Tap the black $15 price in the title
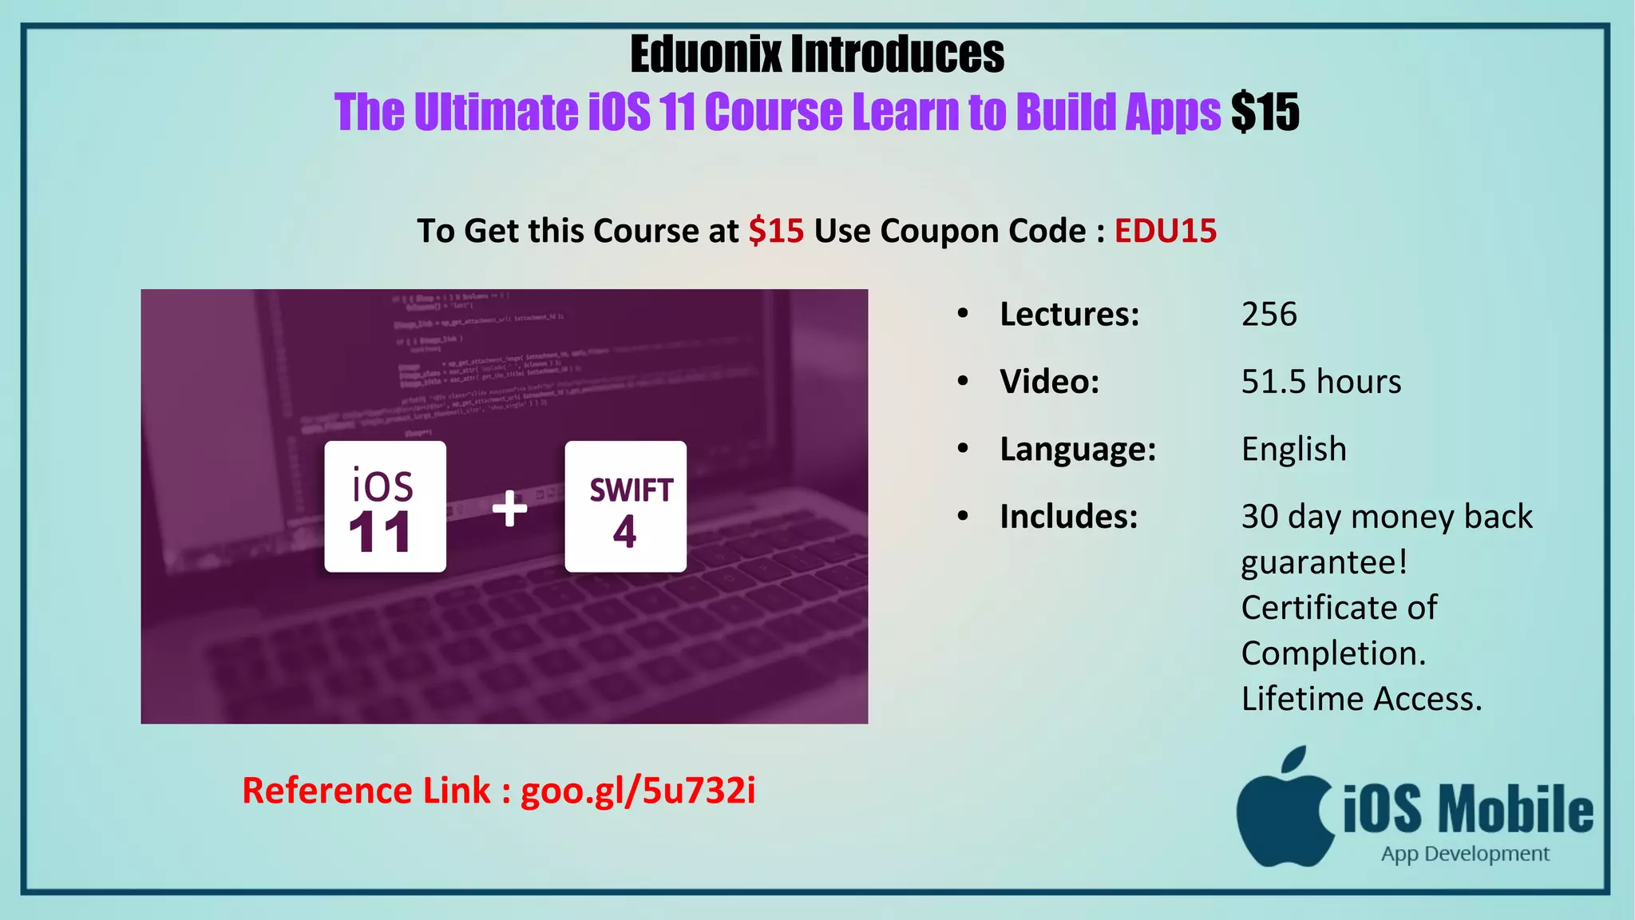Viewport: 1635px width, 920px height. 1265,112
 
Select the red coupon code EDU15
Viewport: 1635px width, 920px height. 1166,231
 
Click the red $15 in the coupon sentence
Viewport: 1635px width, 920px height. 776,231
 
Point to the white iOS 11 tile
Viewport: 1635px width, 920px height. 385,506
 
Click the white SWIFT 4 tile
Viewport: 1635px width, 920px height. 625,506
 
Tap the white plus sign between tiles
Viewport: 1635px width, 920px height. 509,509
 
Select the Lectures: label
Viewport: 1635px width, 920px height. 1070,314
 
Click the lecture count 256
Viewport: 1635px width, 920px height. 1269,314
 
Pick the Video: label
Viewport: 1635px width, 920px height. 1050,382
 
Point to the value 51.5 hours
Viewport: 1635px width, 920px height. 1321,382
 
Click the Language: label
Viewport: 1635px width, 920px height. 1078,449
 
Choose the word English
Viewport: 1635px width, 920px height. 1294,449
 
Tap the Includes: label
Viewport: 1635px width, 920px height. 1069,517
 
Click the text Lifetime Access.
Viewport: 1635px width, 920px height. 1361,699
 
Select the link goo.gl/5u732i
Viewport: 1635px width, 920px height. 638,791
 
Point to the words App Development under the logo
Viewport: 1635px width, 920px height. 1465,854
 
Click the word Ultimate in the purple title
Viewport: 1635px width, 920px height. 497,112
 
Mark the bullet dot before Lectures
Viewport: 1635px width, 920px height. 963,314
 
